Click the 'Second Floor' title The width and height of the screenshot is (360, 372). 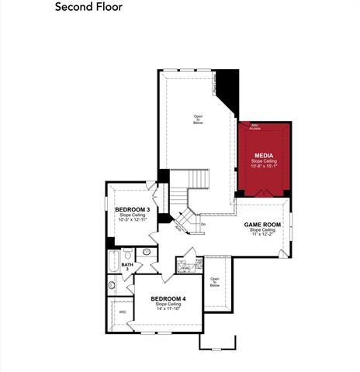[88, 9]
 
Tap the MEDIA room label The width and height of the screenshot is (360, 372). [263, 154]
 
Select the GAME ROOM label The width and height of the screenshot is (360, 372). [261, 224]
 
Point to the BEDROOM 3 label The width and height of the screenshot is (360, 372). [133, 210]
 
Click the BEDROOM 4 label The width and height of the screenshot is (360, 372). [168, 299]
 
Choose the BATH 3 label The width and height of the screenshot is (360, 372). [126, 267]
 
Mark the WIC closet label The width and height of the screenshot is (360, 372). [123, 312]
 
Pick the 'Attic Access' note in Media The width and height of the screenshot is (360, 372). [254, 126]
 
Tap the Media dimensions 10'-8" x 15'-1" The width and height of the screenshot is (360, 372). [263, 166]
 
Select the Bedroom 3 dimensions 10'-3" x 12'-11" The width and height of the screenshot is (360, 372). [133, 221]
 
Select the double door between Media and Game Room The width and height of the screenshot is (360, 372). [263, 193]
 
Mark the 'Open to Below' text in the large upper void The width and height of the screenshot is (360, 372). [198, 119]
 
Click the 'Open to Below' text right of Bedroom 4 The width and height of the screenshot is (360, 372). [215, 282]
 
